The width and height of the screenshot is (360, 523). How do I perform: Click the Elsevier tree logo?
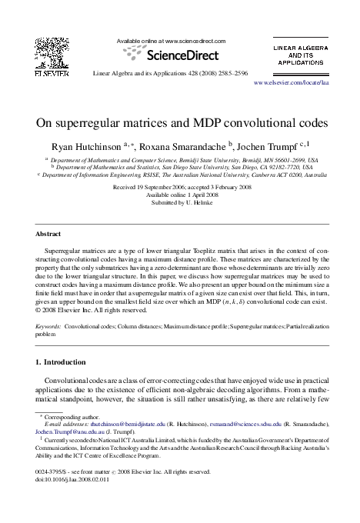tap(52, 53)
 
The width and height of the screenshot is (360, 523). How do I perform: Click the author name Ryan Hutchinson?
tap(84, 145)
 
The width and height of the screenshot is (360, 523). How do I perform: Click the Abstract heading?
tap(50, 233)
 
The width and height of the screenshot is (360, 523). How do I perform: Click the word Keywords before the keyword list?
tap(49, 327)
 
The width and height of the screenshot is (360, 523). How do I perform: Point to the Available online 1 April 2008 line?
tap(180, 195)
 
